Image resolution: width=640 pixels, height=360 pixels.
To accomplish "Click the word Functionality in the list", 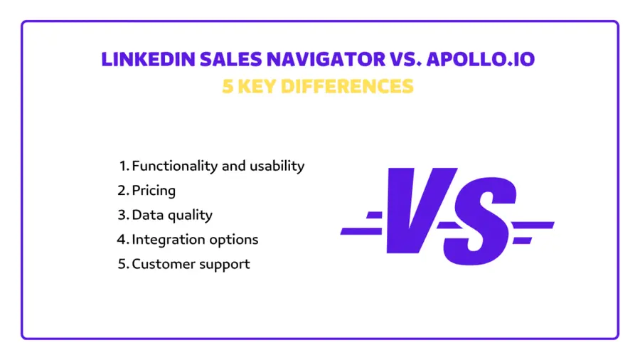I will (x=174, y=166).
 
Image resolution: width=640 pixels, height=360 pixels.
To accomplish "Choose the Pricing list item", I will (x=154, y=190).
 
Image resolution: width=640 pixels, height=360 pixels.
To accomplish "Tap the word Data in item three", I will (x=146, y=214).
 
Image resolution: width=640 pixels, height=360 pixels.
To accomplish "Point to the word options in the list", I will (x=233, y=240).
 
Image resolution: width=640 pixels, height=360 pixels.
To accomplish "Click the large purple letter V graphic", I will (x=412, y=211).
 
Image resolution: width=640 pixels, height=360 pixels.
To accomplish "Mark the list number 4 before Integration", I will (x=122, y=239).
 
